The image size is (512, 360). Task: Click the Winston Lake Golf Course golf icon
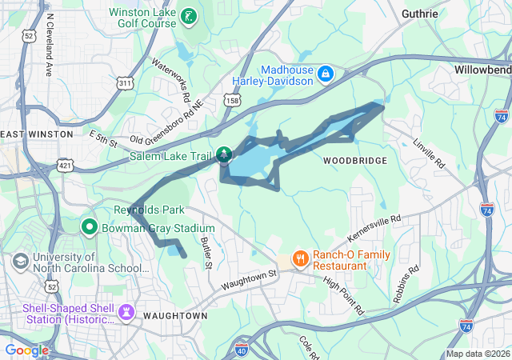(x=188, y=16)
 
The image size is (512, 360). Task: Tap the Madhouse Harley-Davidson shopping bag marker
(x=326, y=74)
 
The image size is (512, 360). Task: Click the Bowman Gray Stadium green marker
(x=89, y=228)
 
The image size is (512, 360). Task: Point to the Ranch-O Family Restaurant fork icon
(x=301, y=258)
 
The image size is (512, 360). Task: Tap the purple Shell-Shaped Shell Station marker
(x=126, y=311)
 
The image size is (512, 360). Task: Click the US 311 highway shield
(x=125, y=82)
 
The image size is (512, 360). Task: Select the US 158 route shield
(x=233, y=102)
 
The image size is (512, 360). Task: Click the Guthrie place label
(x=420, y=14)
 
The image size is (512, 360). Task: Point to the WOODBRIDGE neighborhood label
(x=355, y=161)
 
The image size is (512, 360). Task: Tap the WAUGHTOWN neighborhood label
(x=175, y=316)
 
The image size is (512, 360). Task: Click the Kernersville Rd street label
(x=374, y=229)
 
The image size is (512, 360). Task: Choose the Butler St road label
(x=206, y=251)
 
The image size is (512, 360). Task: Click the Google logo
(x=26, y=350)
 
